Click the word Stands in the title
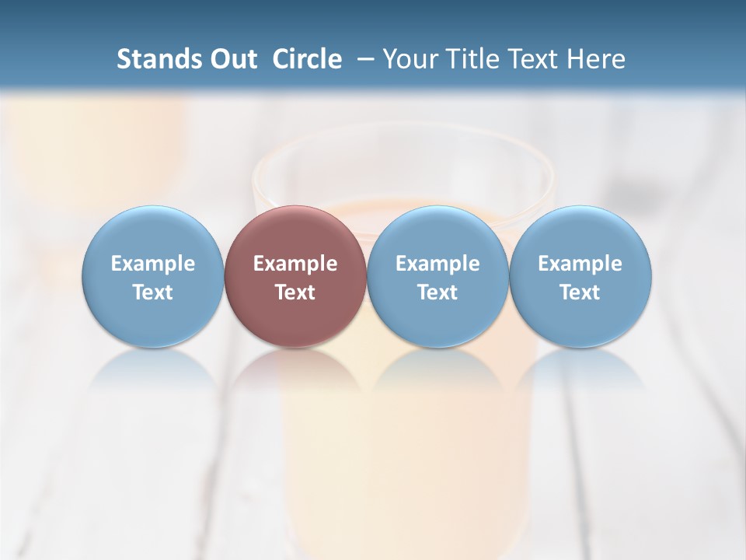point(158,59)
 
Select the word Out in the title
point(232,59)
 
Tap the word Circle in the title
point(307,59)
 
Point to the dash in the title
point(364,59)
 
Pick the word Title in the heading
point(469,59)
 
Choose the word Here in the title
point(594,59)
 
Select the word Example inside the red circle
point(295,264)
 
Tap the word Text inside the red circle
point(295,292)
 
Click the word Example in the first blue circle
point(153,264)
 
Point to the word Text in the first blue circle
point(153,292)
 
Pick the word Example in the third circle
point(437,264)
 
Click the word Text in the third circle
point(437,292)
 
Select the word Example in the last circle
point(580,264)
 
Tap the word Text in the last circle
point(580,292)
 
